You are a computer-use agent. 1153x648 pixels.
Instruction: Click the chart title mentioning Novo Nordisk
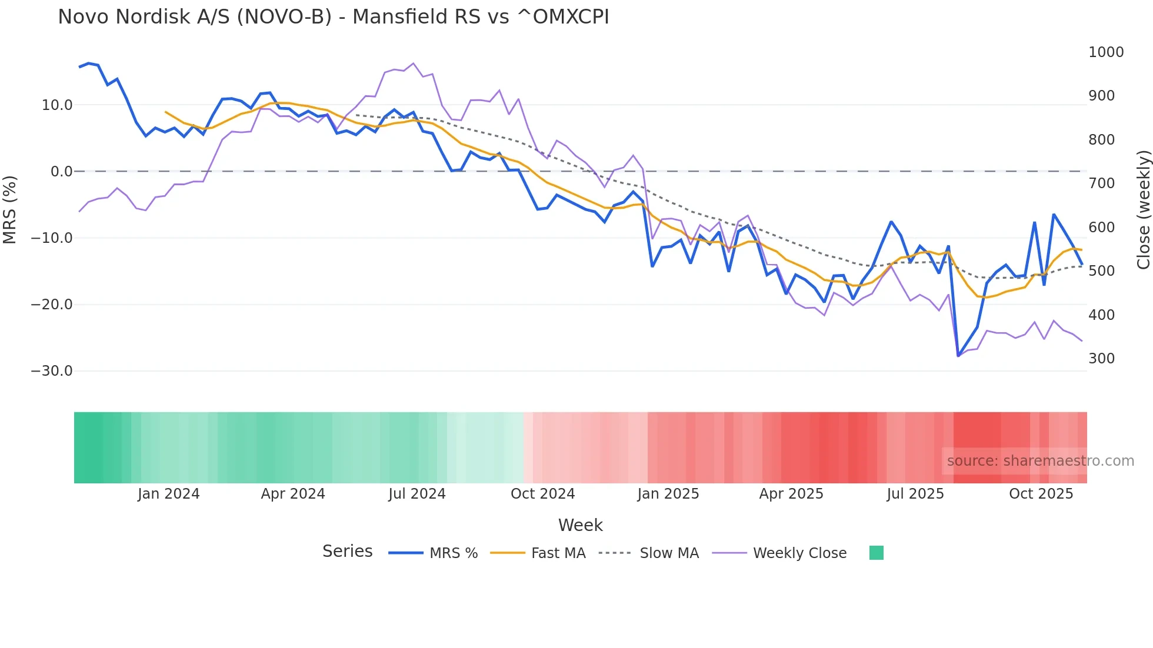pos(333,17)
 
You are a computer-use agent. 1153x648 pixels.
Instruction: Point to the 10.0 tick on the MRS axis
pos(57,105)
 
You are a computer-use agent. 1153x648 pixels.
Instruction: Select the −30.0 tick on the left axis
pos(52,371)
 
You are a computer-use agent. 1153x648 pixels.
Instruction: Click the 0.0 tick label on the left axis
pos(61,172)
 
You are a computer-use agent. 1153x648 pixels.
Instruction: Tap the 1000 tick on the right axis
pos(1105,52)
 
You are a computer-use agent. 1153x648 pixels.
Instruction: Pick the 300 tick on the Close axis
pos(1101,359)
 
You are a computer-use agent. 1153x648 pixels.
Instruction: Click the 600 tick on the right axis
pos(1101,228)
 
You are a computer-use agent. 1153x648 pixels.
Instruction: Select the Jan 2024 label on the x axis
pos(168,494)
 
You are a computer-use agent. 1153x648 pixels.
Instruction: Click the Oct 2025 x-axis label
pos(1041,494)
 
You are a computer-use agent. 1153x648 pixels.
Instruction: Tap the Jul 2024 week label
pos(416,494)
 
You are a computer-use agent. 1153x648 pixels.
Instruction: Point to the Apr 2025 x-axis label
pos(791,494)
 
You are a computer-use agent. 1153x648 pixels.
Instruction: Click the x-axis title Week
pos(580,525)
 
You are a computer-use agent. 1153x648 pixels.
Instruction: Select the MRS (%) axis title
pos(10,209)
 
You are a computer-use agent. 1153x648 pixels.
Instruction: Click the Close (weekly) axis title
pos(1143,209)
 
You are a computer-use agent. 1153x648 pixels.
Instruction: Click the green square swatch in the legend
pos(876,553)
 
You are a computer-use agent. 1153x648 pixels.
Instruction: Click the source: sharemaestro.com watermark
pos(1040,461)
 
